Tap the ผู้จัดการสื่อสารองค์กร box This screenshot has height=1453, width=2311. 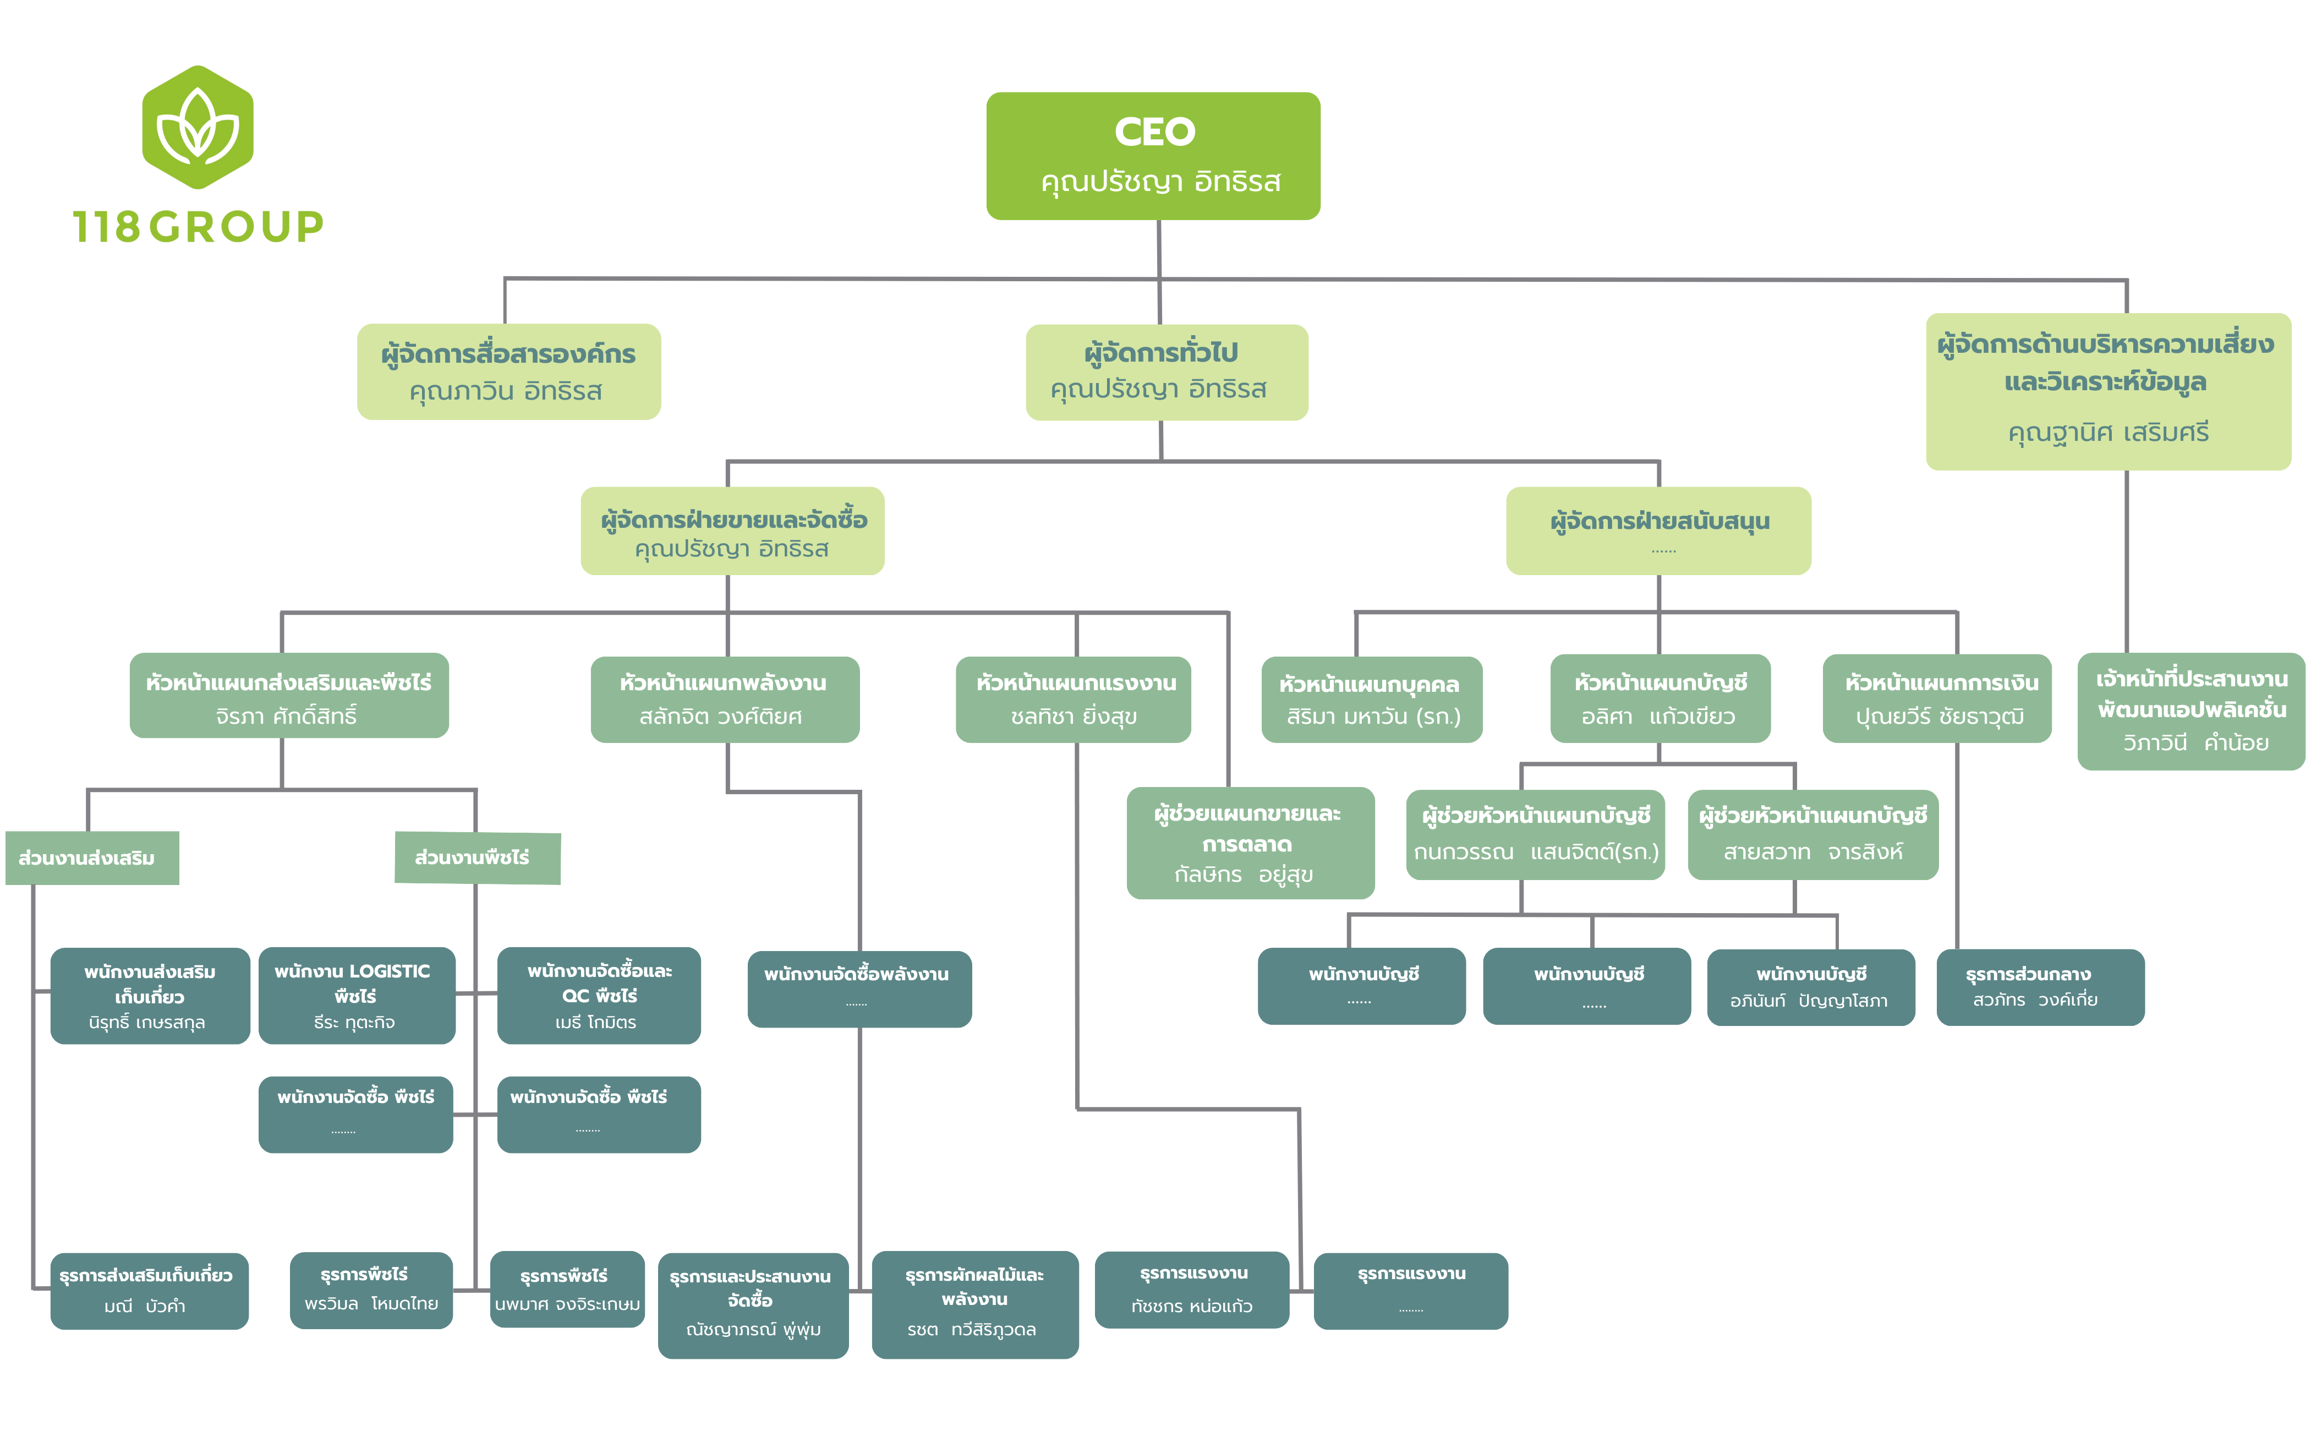[x=508, y=372]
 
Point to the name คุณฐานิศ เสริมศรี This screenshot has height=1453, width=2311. [x=2107, y=433]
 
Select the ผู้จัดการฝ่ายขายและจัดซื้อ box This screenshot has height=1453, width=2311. [x=732, y=531]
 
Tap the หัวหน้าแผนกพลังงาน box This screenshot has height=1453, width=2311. [x=725, y=698]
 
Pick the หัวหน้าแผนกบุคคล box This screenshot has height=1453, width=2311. [x=1371, y=698]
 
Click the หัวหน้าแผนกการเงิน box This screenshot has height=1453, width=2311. [x=1937, y=698]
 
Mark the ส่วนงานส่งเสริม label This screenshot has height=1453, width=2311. [x=91, y=857]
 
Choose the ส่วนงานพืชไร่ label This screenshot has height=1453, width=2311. [x=477, y=857]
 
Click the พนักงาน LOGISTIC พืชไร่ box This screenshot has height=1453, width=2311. [x=356, y=995]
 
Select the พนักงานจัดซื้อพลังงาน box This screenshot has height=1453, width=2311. [x=859, y=988]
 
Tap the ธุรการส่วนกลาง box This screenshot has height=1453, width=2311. [x=2039, y=987]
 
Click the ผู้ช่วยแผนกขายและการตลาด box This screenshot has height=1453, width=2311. [x=1250, y=843]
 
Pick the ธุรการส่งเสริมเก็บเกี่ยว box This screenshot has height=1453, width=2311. [x=149, y=1290]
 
